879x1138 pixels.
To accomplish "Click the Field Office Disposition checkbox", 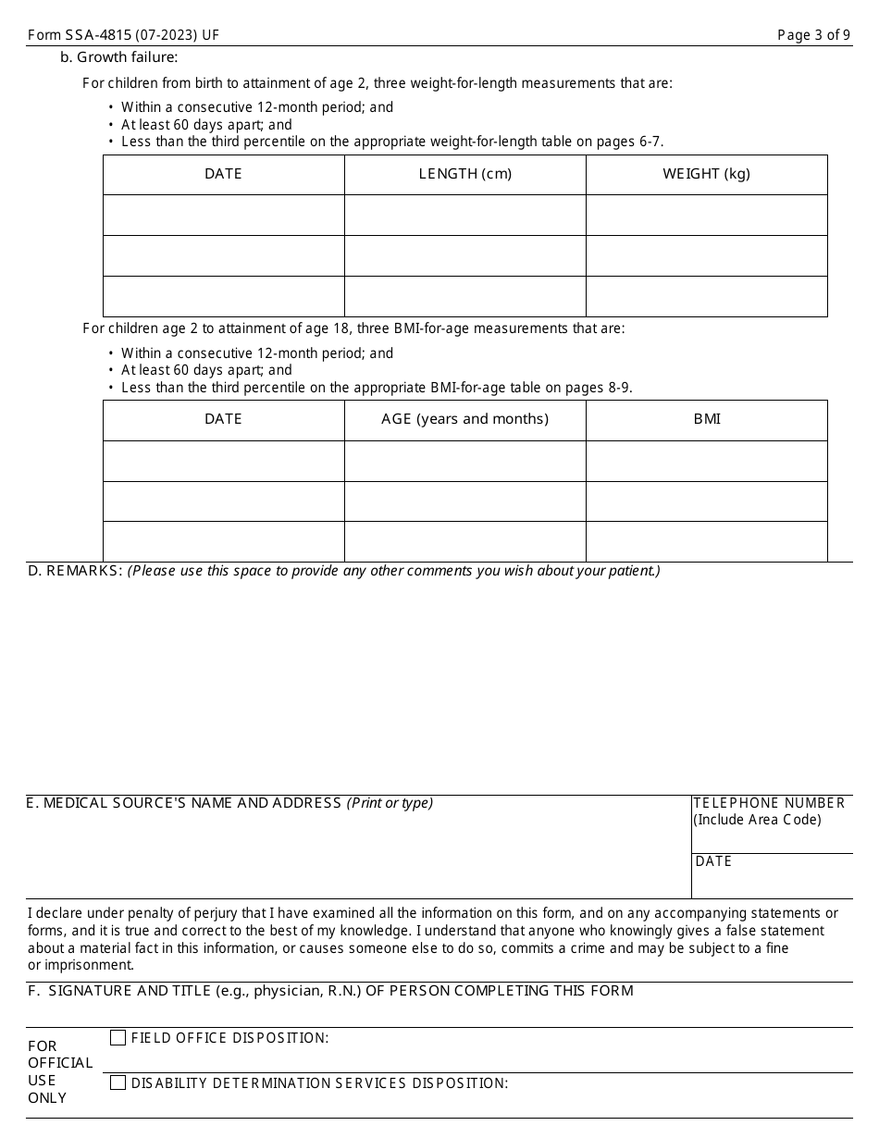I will (118, 1038).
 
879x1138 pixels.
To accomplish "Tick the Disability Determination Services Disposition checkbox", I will (118, 1082).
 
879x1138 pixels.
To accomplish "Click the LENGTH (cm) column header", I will (464, 174).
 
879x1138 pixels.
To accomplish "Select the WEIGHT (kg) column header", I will (706, 174).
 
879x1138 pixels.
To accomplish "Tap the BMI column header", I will (707, 419).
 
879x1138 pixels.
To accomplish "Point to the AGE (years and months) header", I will (464, 419).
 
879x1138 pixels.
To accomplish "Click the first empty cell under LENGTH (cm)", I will (464, 215).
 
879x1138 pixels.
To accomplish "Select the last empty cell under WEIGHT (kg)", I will (706, 296).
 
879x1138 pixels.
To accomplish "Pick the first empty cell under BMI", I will (707, 461).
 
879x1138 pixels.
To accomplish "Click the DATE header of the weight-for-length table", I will (223, 174).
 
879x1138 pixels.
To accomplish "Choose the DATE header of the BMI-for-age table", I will (223, 419).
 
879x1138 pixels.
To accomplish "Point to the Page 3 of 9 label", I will (813, 35).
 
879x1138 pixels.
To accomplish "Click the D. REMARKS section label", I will (75, 571).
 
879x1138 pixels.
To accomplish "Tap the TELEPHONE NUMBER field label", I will (769, 803).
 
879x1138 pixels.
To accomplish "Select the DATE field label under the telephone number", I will (713, 861).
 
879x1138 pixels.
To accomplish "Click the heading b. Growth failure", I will (118, 57).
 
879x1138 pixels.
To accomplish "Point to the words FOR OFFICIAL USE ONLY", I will (60, 1071).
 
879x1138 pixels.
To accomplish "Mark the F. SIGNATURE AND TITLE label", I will (330, 991).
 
